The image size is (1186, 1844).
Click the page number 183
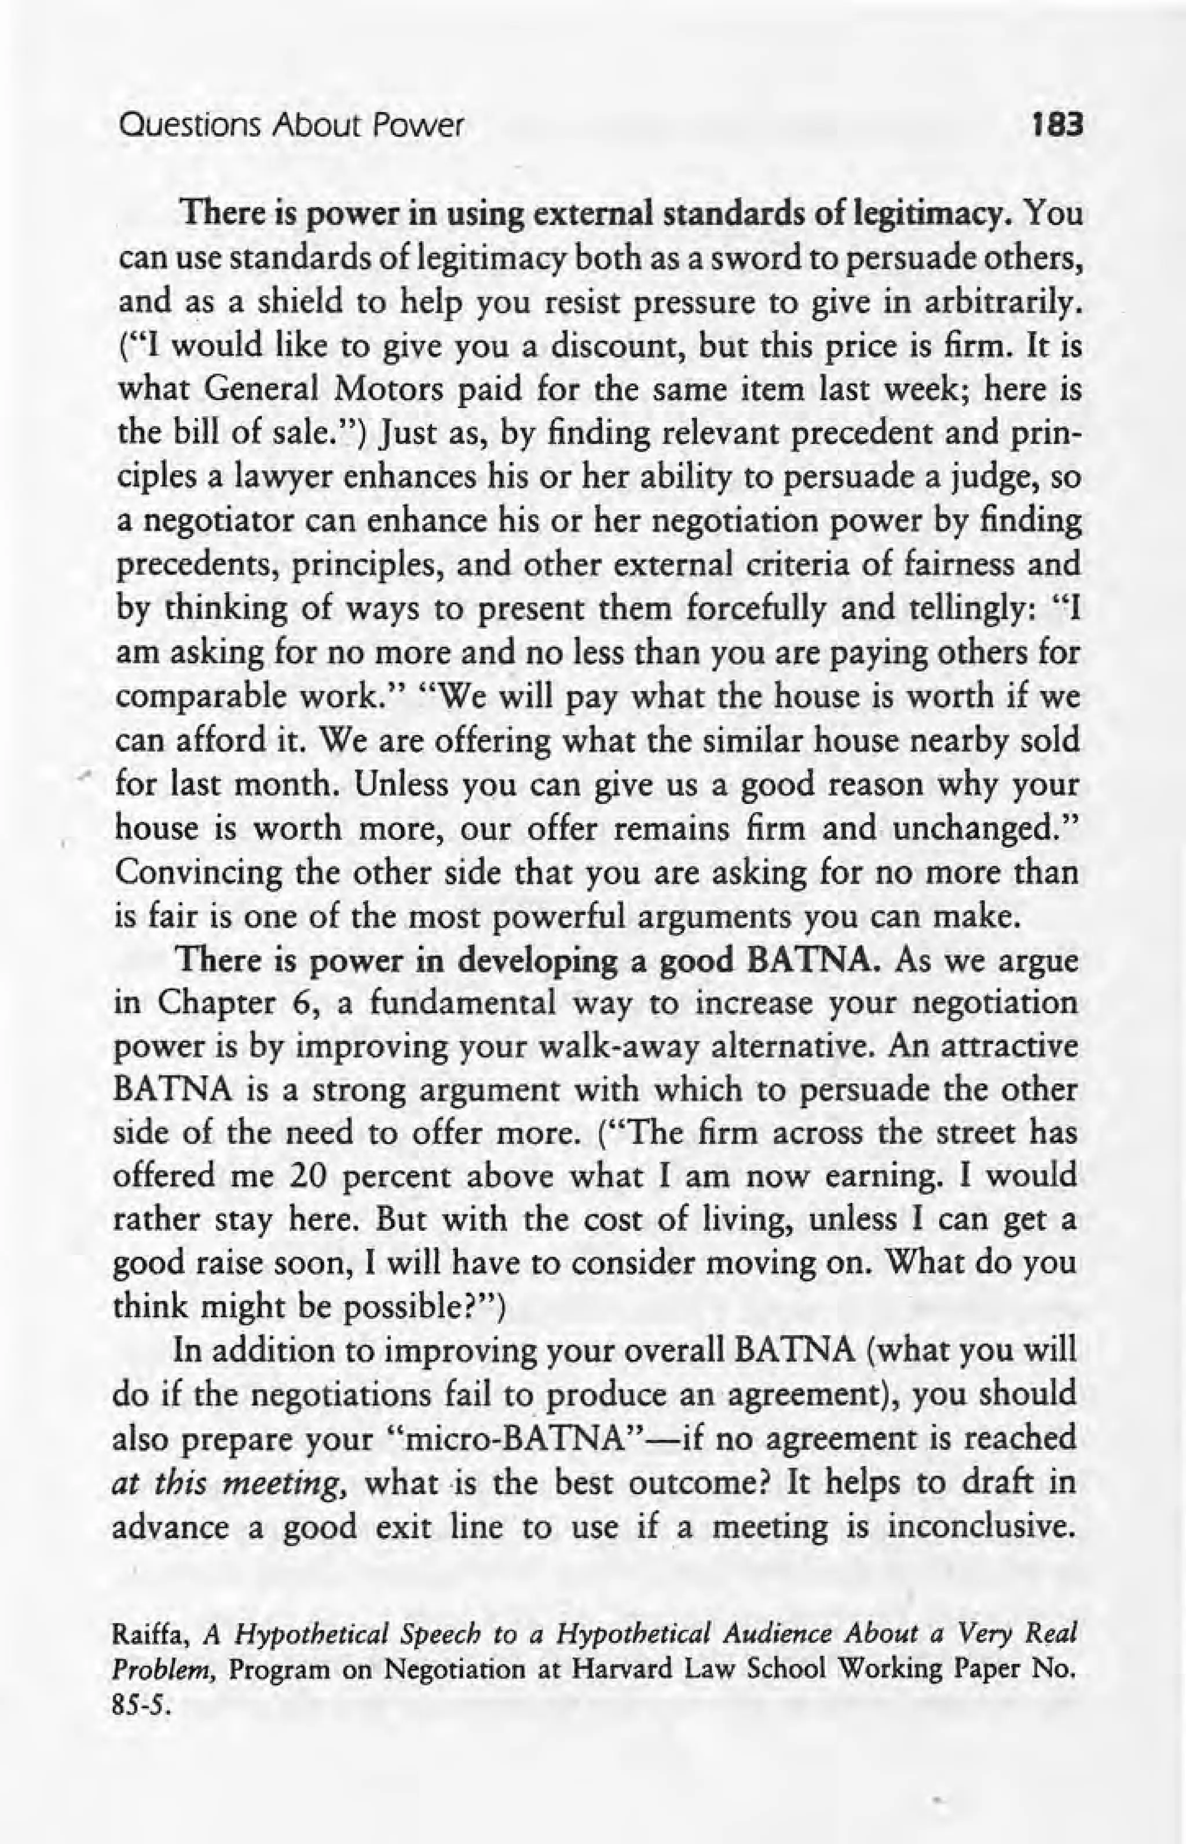pyautogui.click(x=1059, y=124)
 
